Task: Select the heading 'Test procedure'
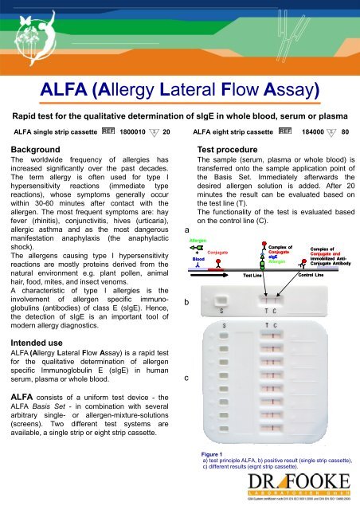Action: click(237, 149)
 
